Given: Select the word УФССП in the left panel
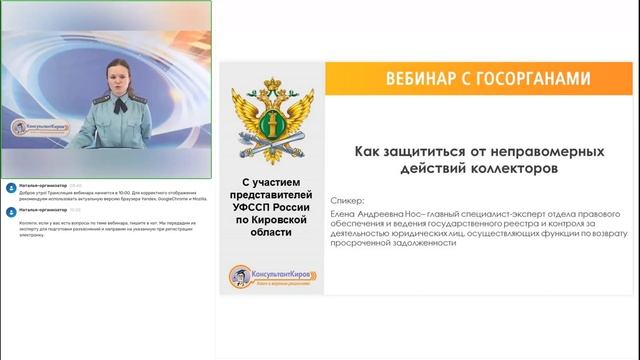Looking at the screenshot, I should pos(248,205).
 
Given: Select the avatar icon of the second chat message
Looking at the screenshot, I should pos(7,210).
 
